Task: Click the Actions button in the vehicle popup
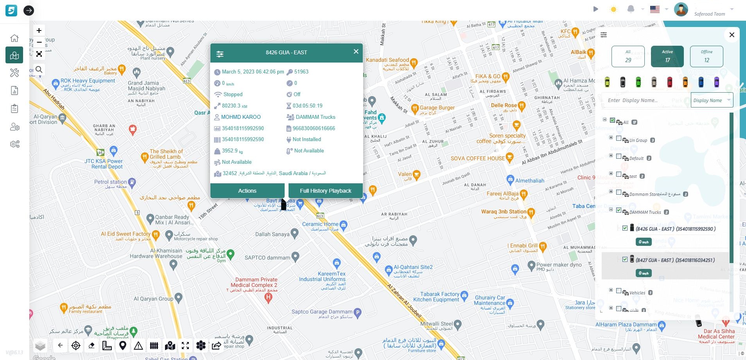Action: tap(247, 191)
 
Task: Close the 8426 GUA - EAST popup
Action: tap(356, 52)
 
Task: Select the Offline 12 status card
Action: tap(707, 56)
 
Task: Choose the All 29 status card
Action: tap(628, 56)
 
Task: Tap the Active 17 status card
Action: tap(667, 56)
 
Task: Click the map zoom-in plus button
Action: tap(39, 30)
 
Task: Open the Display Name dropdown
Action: tap(712, 100)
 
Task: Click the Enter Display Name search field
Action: tap(645, 100)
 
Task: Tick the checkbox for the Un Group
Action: tap(619, 138)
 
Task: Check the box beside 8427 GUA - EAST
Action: tap(625, 259)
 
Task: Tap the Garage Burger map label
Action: tap(437, 107)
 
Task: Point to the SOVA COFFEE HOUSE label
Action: tap(477, 158)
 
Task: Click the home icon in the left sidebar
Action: tap(14, 38)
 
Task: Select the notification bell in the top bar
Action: tap(630, 9)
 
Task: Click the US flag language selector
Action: tap(655, 9)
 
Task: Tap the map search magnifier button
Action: tap(39, 70)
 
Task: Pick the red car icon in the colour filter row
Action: tap(669, 82)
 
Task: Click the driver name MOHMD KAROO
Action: tap(240, 117)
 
